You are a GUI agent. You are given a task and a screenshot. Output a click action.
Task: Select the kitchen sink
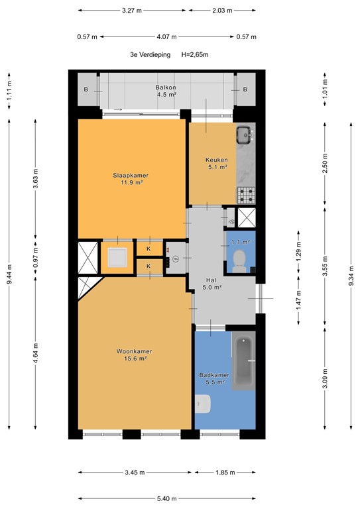coord(245,135)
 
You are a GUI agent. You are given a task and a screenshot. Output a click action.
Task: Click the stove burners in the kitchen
coord(246,195)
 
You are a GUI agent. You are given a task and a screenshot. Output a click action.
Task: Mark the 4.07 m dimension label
coord(166,37)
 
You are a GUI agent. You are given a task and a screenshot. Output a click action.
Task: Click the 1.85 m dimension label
coord(224,472)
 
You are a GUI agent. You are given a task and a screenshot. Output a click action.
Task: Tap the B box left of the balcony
coord(86,89)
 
